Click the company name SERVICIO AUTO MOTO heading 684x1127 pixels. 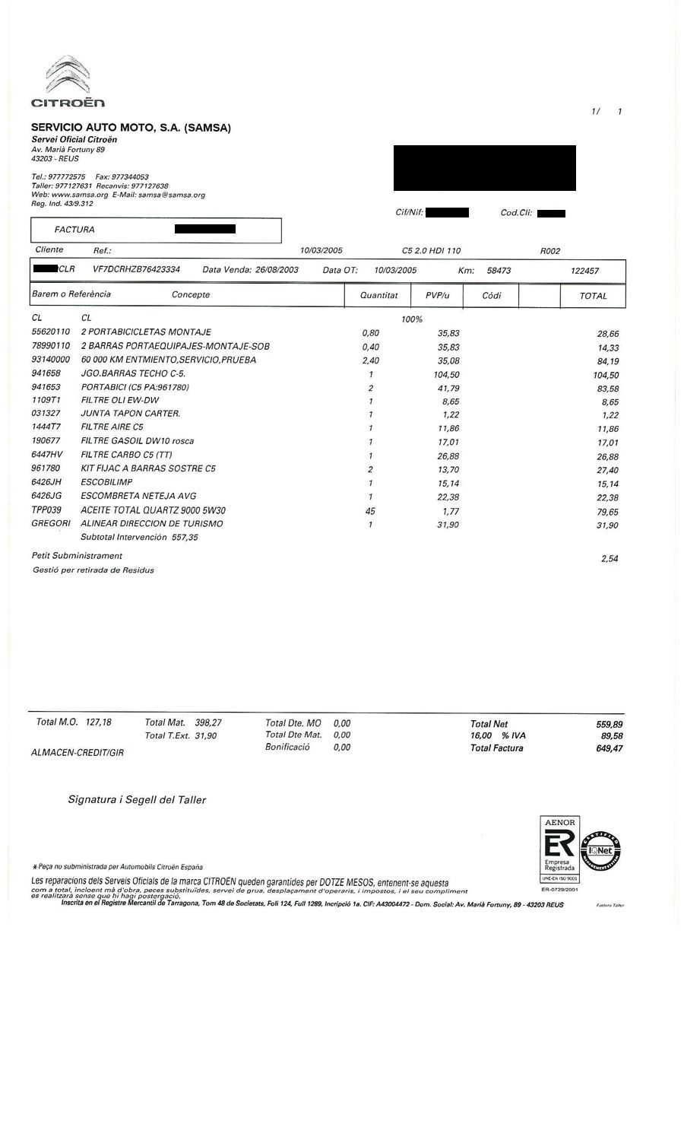point(131,128)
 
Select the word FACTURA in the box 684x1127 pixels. point(74,230)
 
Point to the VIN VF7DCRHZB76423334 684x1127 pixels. point(136,270)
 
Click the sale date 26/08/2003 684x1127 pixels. point(277,270)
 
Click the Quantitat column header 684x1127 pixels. point(378,295)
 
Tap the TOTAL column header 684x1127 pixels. point(594,296)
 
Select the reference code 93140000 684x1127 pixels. point(50,360)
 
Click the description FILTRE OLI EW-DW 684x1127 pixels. point(120,401)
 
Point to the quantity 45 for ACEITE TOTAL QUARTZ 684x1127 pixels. point(370,511)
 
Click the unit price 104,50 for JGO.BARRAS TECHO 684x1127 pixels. point(444,375)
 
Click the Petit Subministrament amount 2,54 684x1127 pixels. point(609,559)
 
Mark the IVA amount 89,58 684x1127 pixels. point(611,736)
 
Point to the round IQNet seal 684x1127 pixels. point(601,850)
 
